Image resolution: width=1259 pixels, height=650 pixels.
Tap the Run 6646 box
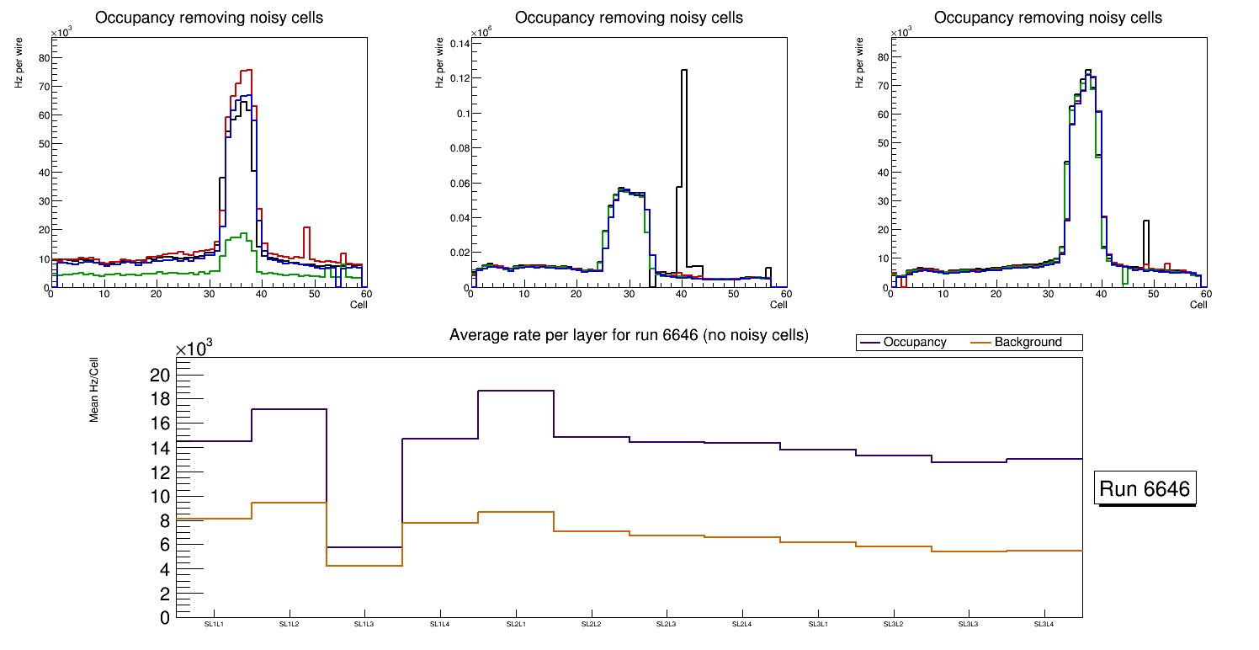click(1146, 489)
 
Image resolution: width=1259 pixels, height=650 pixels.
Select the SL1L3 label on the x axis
click(364, 624)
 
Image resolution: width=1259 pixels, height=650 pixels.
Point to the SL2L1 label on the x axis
click(515, 624)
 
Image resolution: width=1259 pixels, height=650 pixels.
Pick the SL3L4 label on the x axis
click(1044, 624)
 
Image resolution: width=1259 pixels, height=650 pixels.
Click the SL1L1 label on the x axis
click(214, 624)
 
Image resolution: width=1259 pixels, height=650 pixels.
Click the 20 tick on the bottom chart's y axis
click(159, 375)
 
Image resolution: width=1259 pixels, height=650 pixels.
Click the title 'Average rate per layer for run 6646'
click(629, 336)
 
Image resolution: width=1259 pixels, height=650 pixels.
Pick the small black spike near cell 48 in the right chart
click(1145, 222)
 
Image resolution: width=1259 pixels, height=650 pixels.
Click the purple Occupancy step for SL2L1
click(515, 391)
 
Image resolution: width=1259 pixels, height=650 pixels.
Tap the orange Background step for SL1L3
click(364, 566)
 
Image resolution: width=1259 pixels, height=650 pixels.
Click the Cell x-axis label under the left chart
click(359, 304)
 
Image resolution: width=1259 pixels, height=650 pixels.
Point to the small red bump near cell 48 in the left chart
click(307, 228)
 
